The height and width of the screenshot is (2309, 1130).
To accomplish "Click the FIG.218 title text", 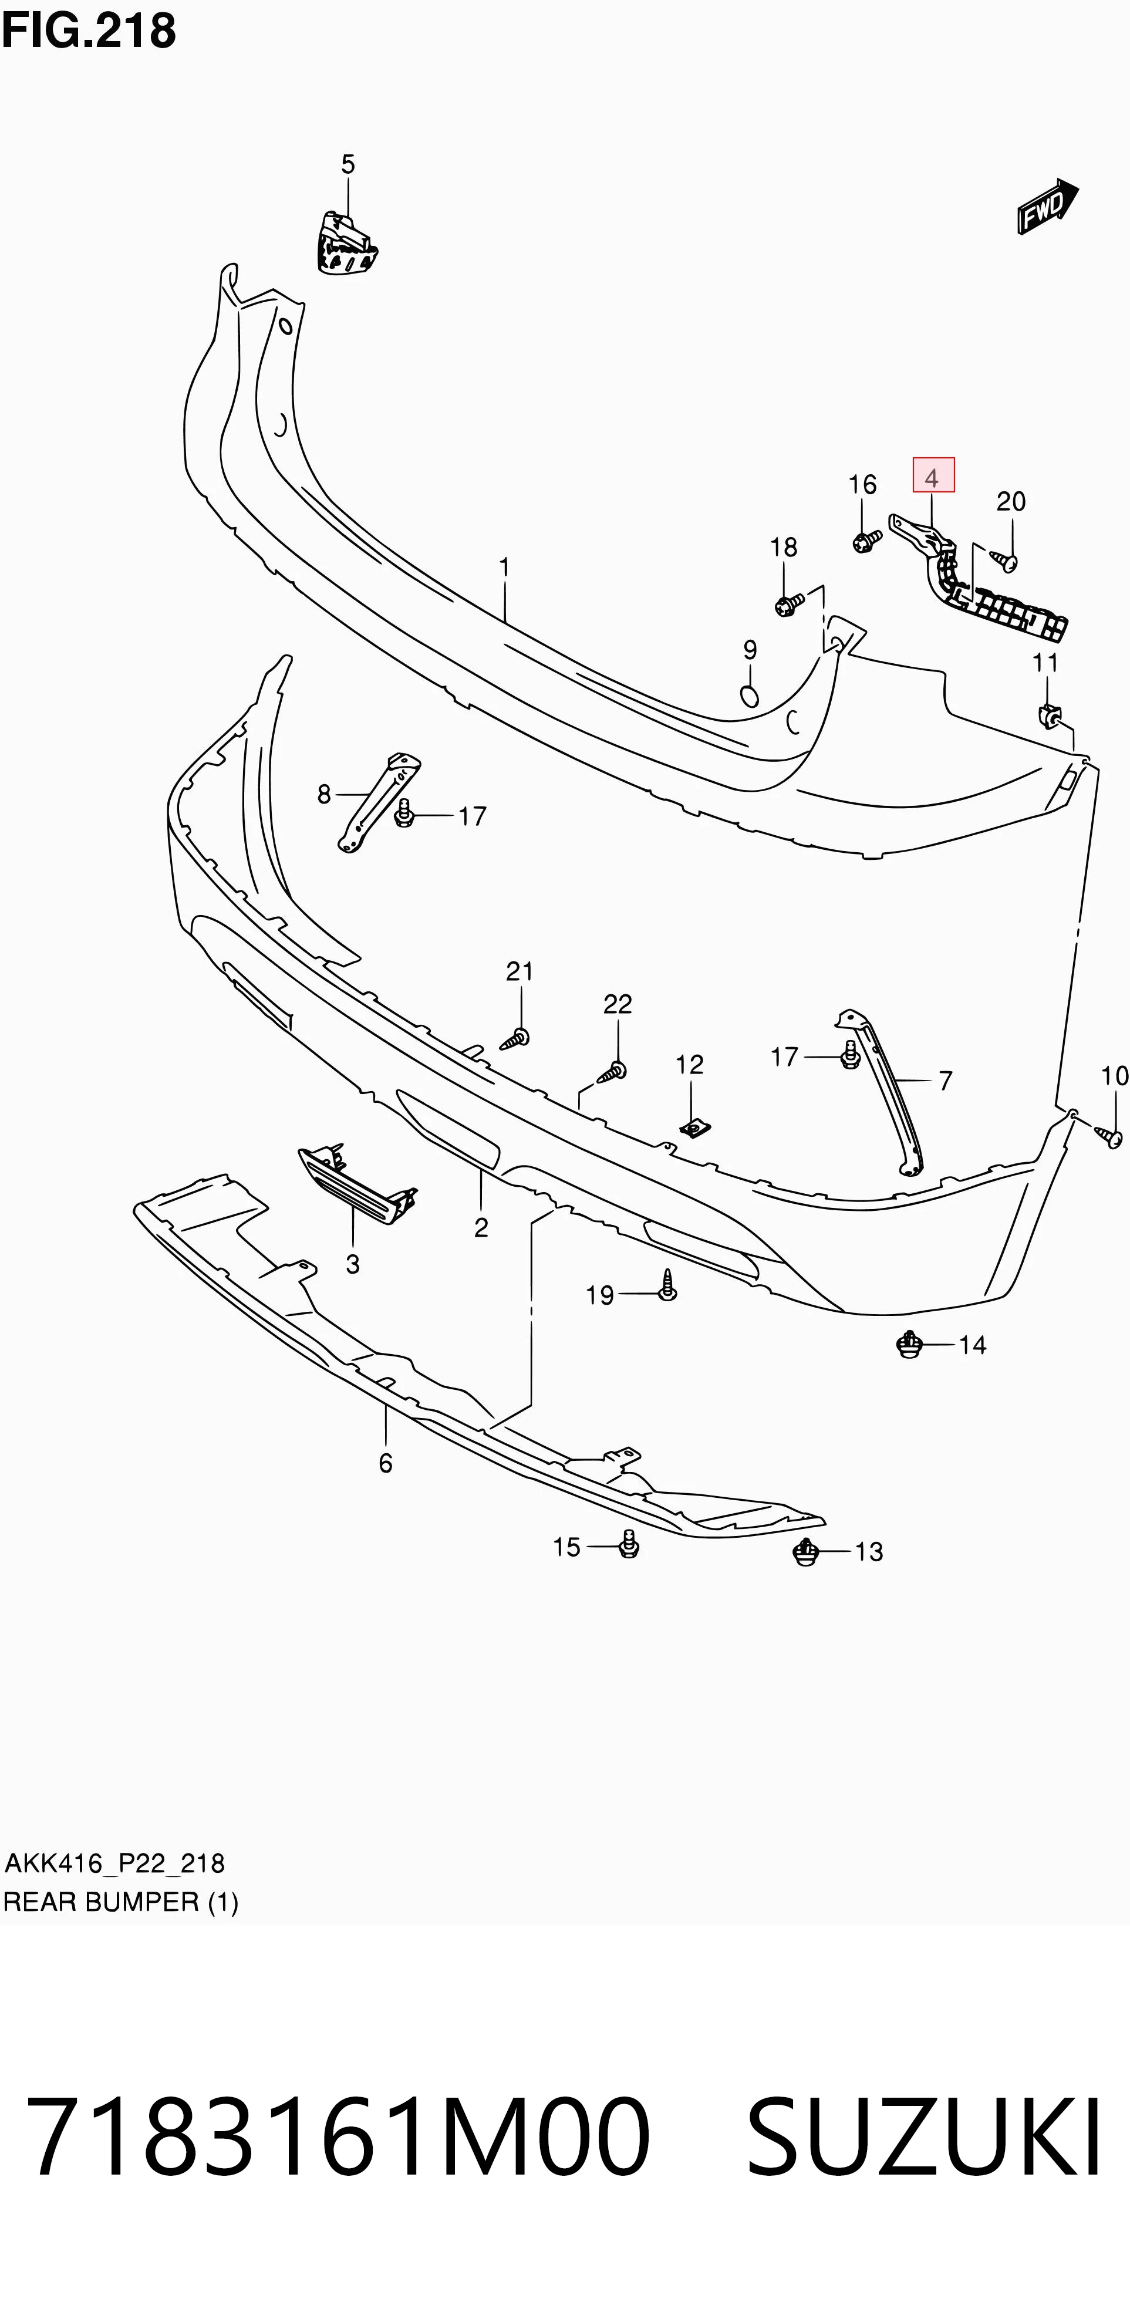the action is tap(89, 31).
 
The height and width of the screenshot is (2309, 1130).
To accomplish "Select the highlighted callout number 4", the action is tap(933, 476).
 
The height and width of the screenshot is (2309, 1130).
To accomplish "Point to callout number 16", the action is tap(863, 485).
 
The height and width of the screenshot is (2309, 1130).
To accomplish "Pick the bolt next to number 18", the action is tap(789, 605).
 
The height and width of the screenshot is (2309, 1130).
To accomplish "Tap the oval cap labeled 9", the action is tap(750, 696).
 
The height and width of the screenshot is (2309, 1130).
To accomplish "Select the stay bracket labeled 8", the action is tap(379, 802).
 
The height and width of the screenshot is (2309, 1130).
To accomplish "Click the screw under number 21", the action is tap(515, 1040).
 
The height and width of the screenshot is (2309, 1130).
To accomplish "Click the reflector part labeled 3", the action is tap(357, 1185).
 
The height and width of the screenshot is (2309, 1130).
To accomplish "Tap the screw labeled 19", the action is tap(667, 1285).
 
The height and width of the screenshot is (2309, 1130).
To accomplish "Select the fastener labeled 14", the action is tap(909, 1345).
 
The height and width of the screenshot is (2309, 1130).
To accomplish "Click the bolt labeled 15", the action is tap(629, 1544).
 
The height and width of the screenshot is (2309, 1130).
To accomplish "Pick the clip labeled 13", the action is tap(806, 1552).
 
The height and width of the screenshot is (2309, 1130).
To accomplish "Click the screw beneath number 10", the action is tap(1109, 1137).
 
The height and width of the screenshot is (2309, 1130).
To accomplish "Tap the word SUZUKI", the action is tap(924, 2137).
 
